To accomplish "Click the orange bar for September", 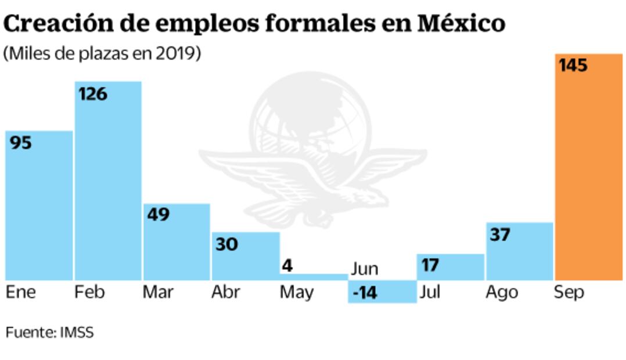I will click(x=589, y=174).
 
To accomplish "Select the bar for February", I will click(x=108, y=186).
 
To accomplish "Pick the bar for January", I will click(x=39, y=209).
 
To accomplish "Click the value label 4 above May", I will click(x=287, y=266).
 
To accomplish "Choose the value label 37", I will click(x=500, y=235).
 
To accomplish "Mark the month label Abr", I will click(x=226, y=292).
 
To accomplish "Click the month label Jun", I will click(x=365, y=269).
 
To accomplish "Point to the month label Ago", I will click(x=502, y=292).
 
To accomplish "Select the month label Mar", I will click(x=158, y=292).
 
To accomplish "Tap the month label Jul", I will click(x=430, y=292).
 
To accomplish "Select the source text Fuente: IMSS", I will click(x=49, y=333).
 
